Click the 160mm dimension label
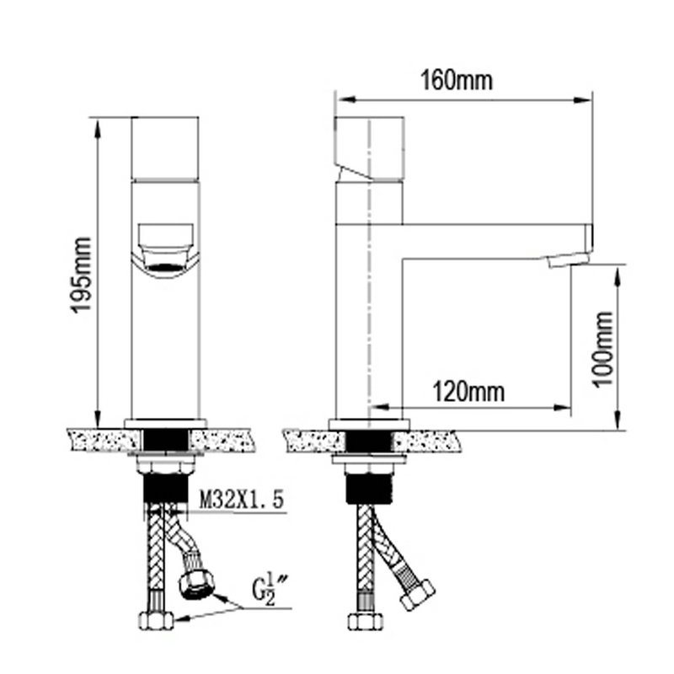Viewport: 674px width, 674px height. [x=457, y=80]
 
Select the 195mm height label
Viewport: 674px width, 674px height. [x=81, y=275]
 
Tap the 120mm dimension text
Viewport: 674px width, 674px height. [x=468, y=392]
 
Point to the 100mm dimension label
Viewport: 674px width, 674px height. [x=602, y=349]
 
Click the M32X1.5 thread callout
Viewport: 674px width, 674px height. [x=242, y=500]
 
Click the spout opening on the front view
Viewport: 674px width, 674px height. [x=165, y=267]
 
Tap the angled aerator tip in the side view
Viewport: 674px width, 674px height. [x=568, y=260]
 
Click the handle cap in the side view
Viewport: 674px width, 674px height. [x=369, y=147]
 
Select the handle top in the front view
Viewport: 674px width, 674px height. [x=165, y=147]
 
